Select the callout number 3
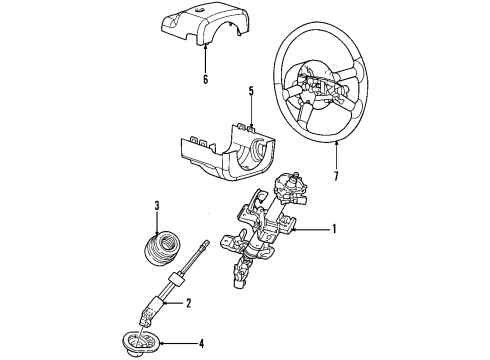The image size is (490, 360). click(x=157, y=206)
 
